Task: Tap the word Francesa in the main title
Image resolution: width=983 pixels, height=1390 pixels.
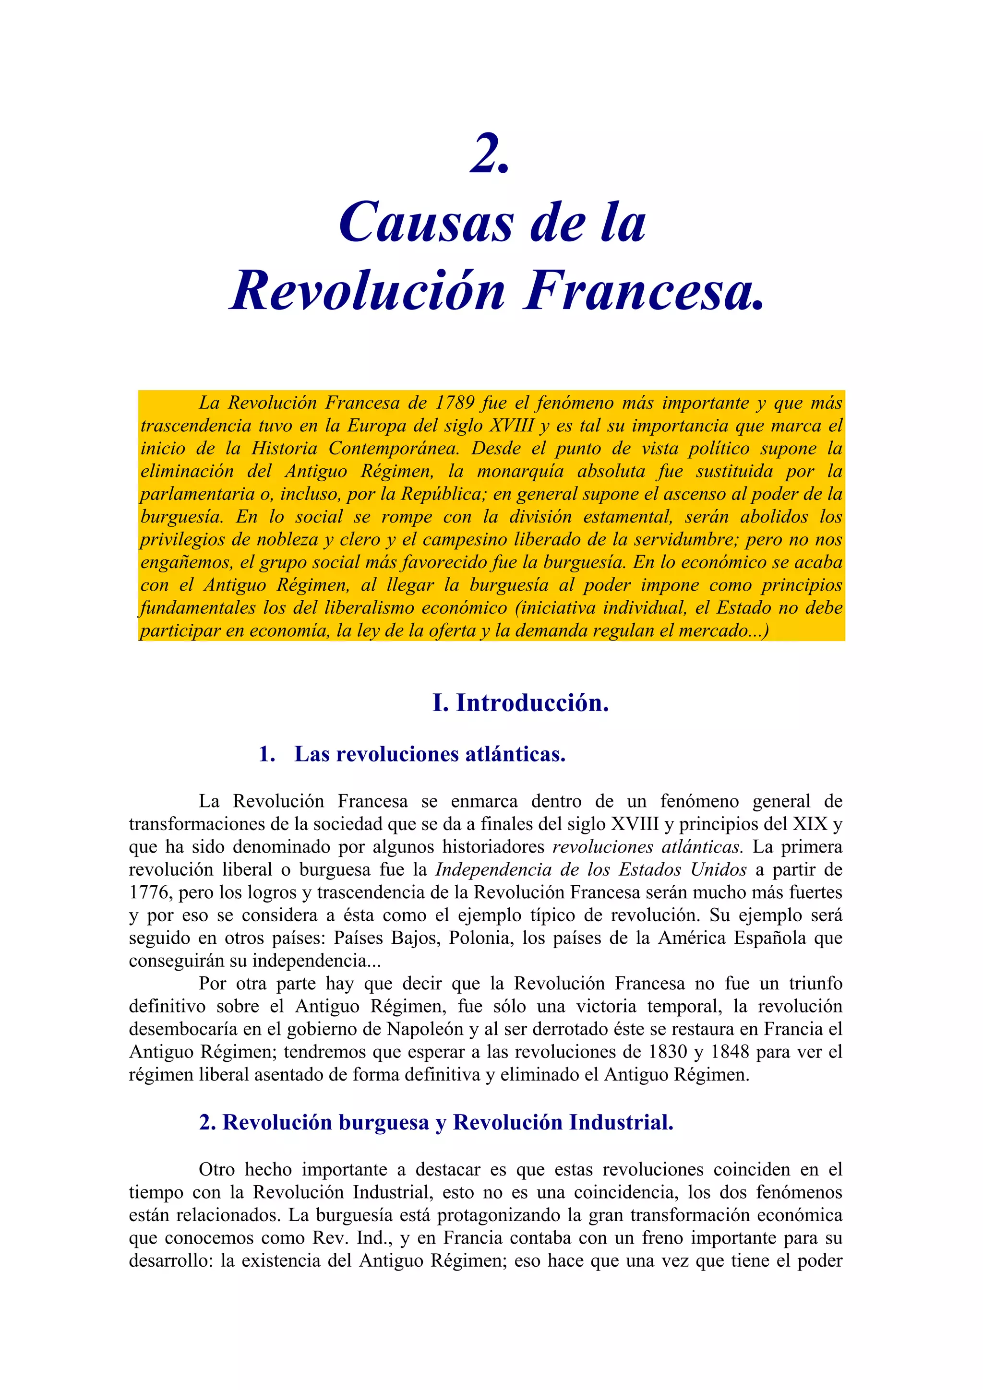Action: [x=643, y=292]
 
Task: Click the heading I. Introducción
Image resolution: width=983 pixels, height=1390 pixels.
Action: [x=520, y=703]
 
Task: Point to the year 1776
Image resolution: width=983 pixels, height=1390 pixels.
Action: [x=149, y=892]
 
